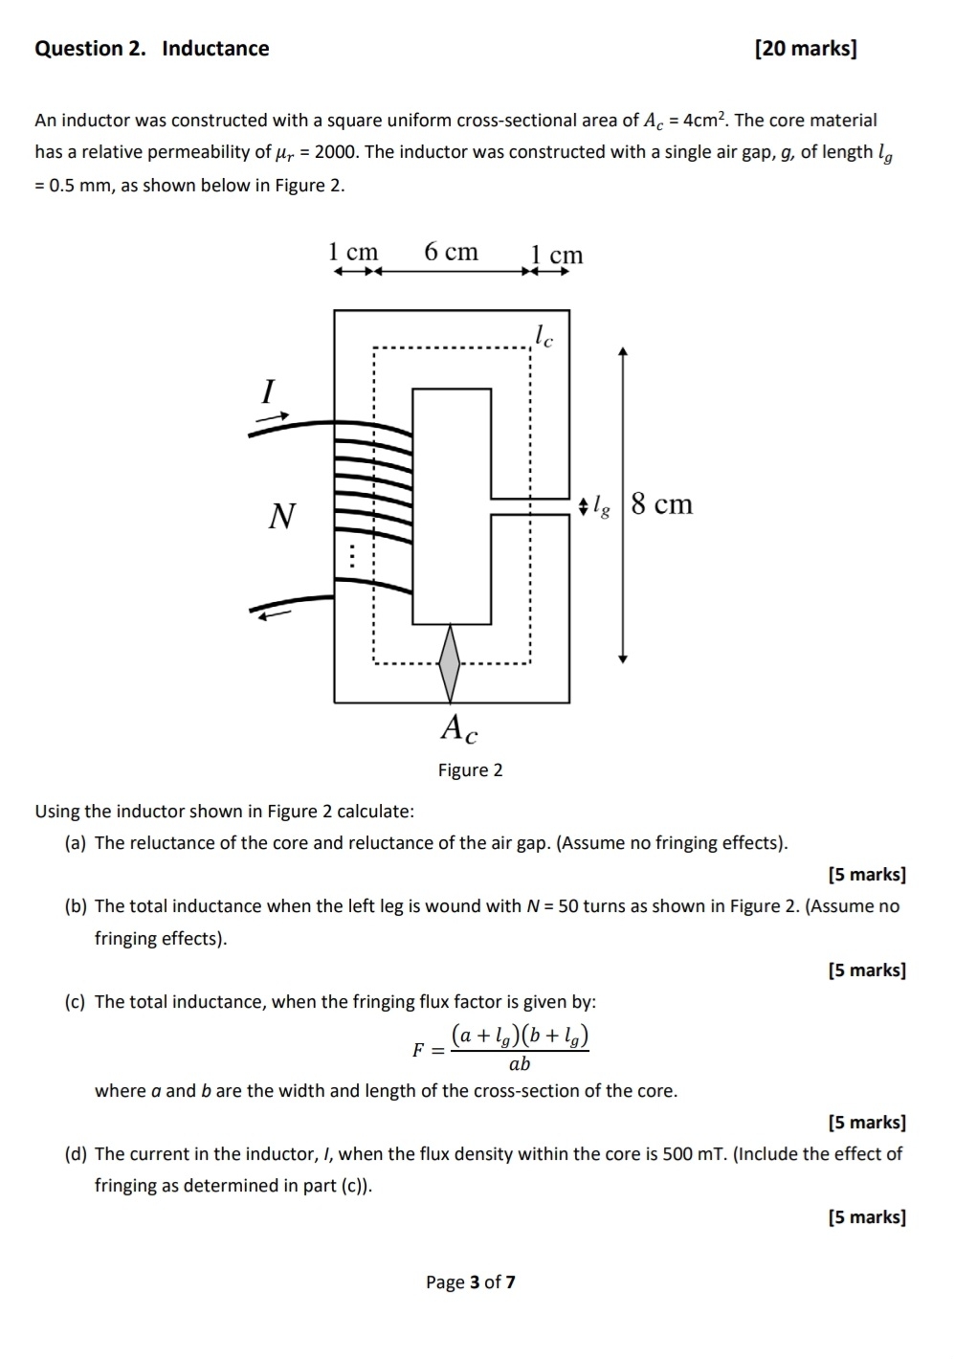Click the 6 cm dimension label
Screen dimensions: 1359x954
(x=451, y=252)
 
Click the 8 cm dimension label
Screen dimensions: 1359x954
(x=661, y=503)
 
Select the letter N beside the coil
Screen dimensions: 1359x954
(x=281, y=517)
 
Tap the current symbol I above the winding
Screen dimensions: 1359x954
(x=268, y=390)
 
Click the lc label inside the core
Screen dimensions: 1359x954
(x=543, y=335)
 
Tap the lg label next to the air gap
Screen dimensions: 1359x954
(x=601, y=504)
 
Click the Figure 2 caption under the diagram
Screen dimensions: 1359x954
(x=470, y=770)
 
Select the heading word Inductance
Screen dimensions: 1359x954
(x=215, y=49)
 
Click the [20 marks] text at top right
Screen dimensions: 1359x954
(x=805, y=49)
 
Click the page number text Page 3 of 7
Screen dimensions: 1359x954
(x=470, y=1282)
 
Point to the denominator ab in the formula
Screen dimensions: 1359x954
(x=520, y=1064)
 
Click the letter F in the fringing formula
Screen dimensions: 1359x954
(x=418, y=1050)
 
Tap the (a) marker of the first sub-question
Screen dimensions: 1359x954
(x=76, y=843)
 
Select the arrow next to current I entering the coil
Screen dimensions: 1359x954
(x=273, y=417)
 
